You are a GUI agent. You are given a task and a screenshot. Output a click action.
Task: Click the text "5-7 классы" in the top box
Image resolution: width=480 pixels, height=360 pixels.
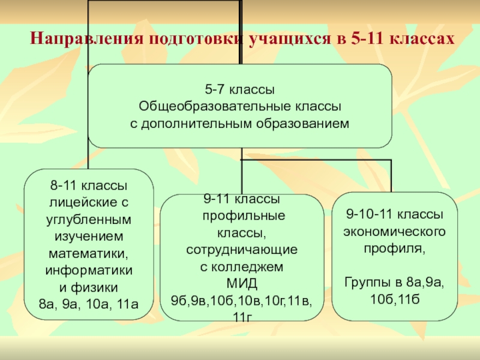pyautogui.click(x=239, y=91)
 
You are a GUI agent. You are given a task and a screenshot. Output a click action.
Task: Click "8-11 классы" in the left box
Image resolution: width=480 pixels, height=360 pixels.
pyautogui.click(x=88, y=188)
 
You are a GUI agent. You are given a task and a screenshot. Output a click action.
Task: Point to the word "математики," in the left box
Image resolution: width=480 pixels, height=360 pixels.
pyautogui.click(x=88, y=253)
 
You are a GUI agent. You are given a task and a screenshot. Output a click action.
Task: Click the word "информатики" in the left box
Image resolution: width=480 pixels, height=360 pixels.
pyautogui.click(x=88, y=269)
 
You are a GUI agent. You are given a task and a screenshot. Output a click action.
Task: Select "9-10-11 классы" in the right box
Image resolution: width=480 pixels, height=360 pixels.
pyautogui.click(x=394, y=214)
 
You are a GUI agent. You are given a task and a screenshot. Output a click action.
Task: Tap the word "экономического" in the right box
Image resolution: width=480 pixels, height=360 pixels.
pyautogui.click(x=394, y=230)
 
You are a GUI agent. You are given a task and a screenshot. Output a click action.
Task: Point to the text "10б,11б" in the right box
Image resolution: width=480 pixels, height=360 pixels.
pyautogui.click(x=394, y=298)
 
